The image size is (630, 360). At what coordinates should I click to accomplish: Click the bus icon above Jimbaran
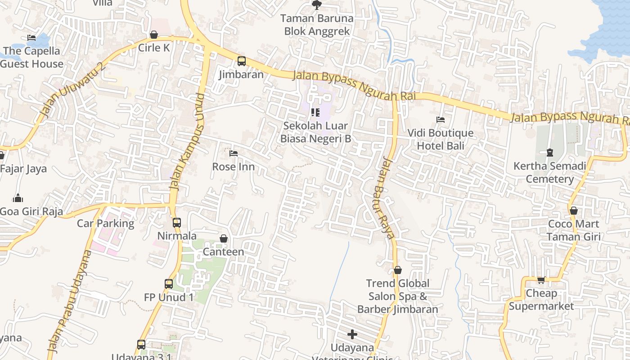click(242, 61)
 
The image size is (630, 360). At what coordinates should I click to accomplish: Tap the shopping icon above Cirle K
click(154, 35)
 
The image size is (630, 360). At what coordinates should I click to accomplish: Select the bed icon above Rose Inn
click(233, 153)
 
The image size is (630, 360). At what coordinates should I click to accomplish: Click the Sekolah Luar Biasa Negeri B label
click(315, 132)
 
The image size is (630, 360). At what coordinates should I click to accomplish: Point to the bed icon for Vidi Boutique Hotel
click(441, 120)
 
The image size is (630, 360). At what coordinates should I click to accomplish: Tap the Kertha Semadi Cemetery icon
click(549, 153)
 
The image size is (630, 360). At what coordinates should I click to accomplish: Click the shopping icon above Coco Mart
click(573, 211)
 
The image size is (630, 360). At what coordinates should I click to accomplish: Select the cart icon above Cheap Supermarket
click(541, 280)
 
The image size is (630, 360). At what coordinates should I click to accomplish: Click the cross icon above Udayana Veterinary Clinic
click(352, 334)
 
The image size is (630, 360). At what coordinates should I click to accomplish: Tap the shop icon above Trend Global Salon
click(397, 270)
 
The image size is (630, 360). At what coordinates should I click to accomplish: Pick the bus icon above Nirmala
click(177, 222)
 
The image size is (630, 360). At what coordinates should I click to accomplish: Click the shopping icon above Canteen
click(223, 238)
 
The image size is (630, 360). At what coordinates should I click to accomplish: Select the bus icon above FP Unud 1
click(169, 284)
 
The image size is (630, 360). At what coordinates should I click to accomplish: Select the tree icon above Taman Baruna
click(317, 5)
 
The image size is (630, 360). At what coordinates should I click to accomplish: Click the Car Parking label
click(106, 223)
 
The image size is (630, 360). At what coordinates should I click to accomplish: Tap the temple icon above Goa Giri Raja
click(18, 198)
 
